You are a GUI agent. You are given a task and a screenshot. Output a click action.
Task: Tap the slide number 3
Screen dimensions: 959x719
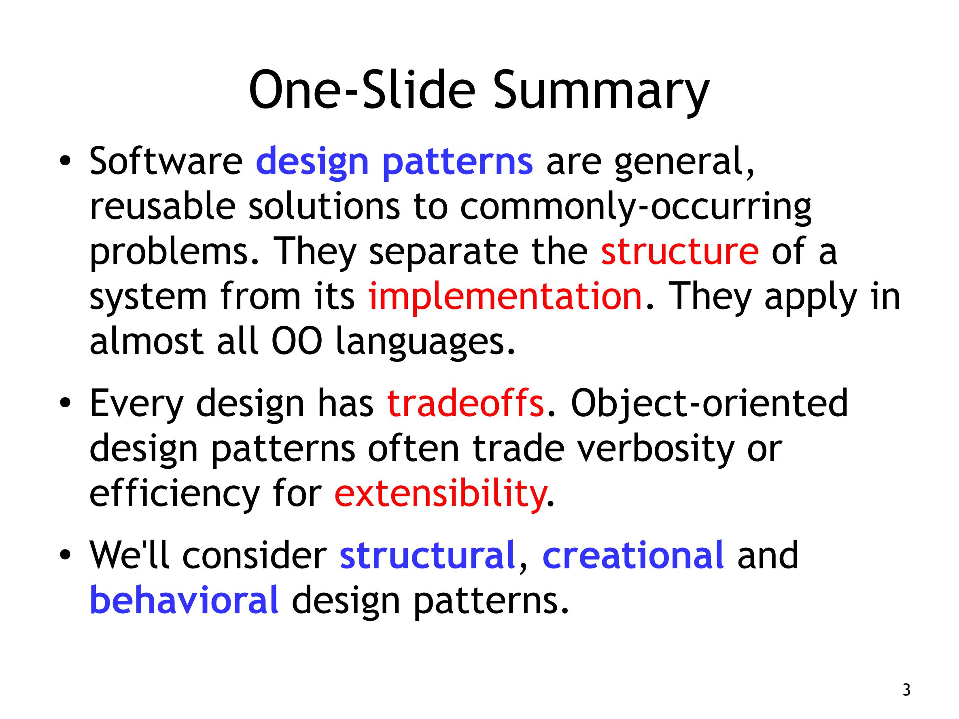pyautogui.click(x=906, y=689)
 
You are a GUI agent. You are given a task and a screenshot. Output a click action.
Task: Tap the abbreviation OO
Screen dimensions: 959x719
pyautogui.click(x=297, y=341)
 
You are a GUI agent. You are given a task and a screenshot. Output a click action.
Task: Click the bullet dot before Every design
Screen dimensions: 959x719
pyautogui.click(x=65, y=403)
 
